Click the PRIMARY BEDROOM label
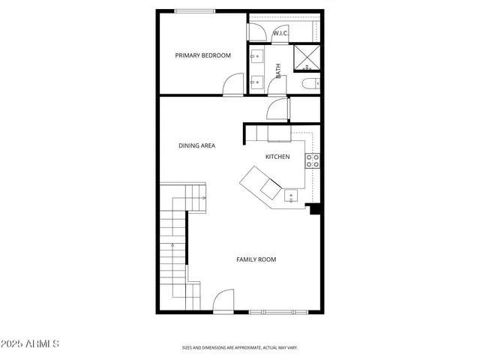click(x=202, y=55)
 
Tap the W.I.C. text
click(x=280, y=33)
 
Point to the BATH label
click(x=278, y=71)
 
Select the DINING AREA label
click(x=196, y=145)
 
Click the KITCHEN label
click(x=277, y=157)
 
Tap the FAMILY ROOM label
click(x=256, y=259)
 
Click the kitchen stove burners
click(x=313, y=160)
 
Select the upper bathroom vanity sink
click(x=256, y=55)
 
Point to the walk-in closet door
click(x=256, y=31)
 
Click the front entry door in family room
click(x=223, y=302)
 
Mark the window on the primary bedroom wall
click(x=193, y=10)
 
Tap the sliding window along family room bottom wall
click(x=278, y=311)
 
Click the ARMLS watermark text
click(x=31, y=343)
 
